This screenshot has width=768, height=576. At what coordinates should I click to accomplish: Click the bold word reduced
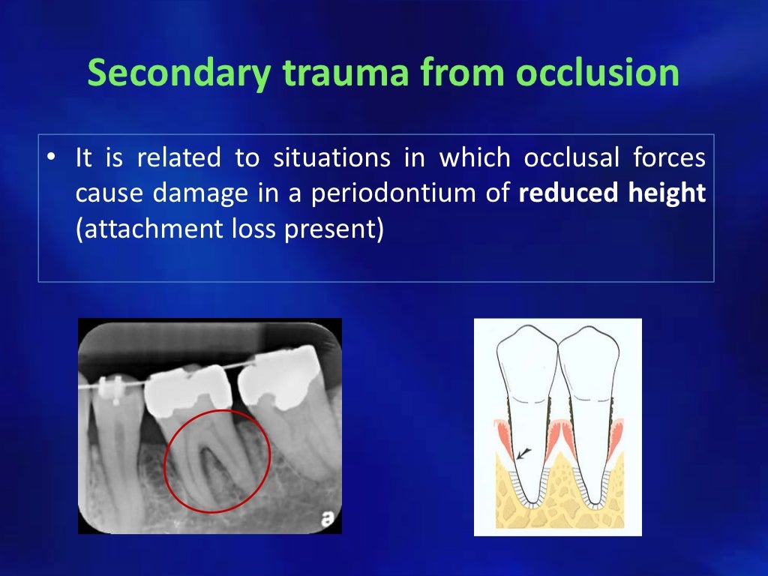[565, 194]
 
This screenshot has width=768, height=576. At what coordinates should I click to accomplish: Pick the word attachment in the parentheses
[140, 229]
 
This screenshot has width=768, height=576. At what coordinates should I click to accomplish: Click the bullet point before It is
[50, 159]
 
